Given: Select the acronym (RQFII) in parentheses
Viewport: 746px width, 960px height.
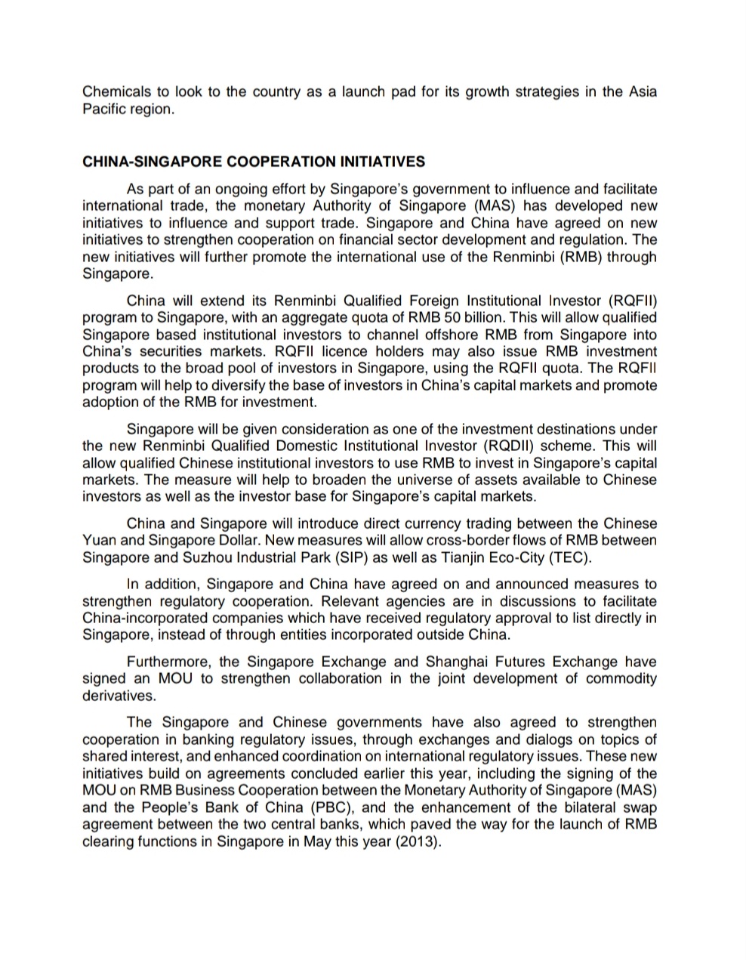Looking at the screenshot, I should coord(632,301).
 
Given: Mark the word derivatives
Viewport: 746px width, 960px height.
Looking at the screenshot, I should coord(117,696).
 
